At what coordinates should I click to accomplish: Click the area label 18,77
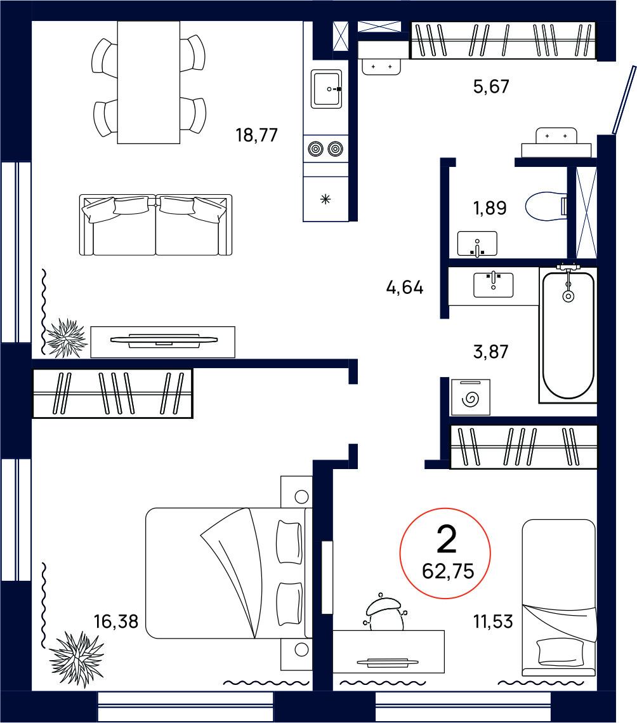[257, 135]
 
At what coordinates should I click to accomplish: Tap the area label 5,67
[491, 87]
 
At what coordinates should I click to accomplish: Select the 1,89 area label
[490, 208]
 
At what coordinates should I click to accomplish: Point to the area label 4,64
[404, 288]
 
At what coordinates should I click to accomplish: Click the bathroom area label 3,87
[490, 352]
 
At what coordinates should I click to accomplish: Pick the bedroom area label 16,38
[115, 621]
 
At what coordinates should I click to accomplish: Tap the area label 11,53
[493, 621]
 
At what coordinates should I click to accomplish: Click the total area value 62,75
[447, 572]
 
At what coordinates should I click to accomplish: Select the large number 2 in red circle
[446, 539]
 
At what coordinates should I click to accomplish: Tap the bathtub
[568, 335]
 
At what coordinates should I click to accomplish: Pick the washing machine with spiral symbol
[470, 397]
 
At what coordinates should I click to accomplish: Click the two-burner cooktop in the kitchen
[325, 149]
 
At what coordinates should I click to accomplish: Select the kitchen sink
[326, 89]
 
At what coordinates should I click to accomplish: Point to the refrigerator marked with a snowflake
[325, 199]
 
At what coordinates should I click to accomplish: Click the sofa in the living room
[156, 225]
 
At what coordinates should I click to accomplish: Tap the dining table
[148, 83]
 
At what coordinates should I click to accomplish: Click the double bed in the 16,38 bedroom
[229, 573]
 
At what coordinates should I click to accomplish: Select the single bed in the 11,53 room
[559, 598]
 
